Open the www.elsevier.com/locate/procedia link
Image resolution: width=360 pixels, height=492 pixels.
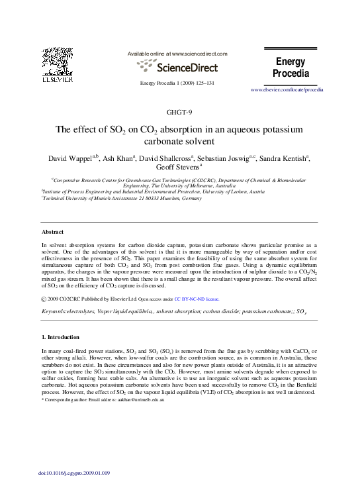pyautogui.click(x=287, y=89)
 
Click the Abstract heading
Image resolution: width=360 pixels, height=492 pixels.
pyautogui.click(x=52, y=232)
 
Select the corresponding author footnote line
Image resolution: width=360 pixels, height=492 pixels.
pyautogui.click(x=103, y=401)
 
